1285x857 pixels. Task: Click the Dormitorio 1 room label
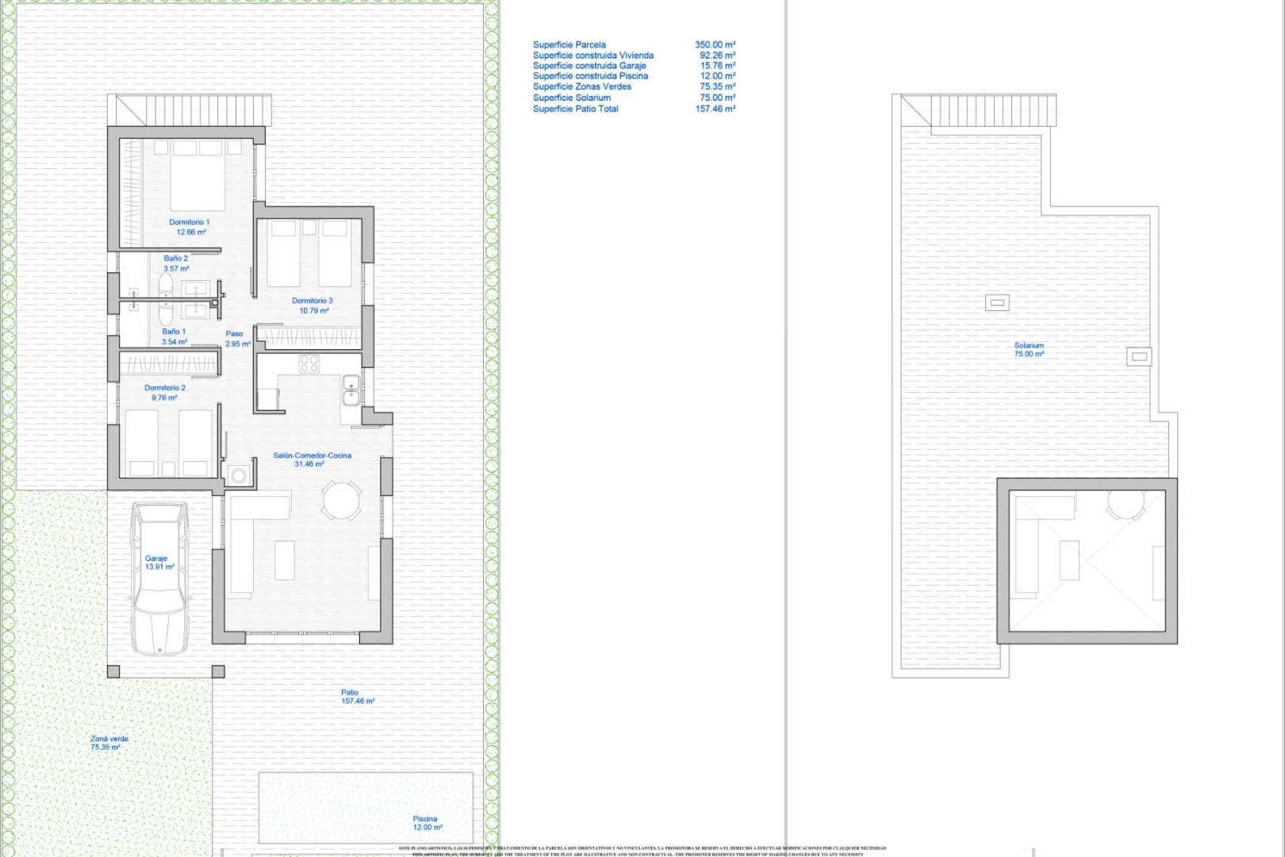click(190, 227)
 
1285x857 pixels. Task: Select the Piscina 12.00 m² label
click(426, 823)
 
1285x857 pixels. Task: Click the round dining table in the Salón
click(341, 501)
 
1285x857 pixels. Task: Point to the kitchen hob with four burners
click(309, 364)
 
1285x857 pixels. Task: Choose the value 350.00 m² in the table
click(715, 45)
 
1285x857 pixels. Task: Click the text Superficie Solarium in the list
click(572, 98)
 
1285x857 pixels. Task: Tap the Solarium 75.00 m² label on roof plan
click(1029, 350)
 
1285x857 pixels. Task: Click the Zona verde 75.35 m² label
click(109, 743)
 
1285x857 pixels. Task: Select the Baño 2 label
click(176, 263)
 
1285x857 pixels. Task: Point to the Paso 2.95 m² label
click(236, 339)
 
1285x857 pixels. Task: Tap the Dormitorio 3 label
click(313, 306)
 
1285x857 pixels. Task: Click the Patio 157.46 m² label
click(357, 697)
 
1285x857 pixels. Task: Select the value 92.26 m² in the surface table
click(717, 56)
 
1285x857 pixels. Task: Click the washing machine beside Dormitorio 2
click(238, 475)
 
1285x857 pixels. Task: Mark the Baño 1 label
click(175, 336)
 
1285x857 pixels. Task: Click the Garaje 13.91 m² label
click(159, 563)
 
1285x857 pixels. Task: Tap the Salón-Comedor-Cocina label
click(312, 459)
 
